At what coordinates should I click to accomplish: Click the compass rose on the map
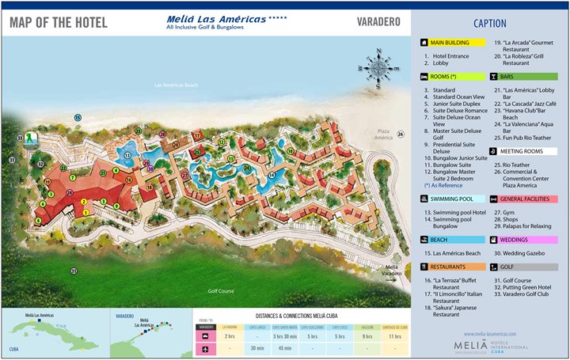(x=379, y=68)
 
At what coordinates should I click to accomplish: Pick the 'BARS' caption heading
(x=507, y=77)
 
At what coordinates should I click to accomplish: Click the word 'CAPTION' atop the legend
(x=489, y=24)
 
